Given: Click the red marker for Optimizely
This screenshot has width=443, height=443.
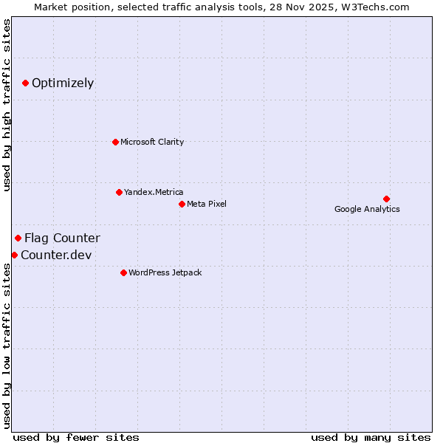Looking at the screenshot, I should (x=26, y=83).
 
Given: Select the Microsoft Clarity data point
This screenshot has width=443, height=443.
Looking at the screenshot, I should (x=115, y=142).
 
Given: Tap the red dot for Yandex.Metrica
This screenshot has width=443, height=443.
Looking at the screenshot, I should (x=119, y=192).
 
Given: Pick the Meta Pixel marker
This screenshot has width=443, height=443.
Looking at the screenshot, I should (x=182, y=204).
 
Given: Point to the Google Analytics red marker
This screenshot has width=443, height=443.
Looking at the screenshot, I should (x=386, y=199).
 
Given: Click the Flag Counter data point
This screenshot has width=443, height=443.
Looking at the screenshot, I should (x=18, y=238).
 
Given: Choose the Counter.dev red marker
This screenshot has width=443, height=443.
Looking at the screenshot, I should (x=14, y=255).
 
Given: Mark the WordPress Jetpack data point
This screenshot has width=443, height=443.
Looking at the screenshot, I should (x=123, y=272).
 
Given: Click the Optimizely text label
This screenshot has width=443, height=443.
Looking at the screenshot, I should (x=63, y=83).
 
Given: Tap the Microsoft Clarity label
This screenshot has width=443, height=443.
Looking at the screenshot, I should (x=152, y=142).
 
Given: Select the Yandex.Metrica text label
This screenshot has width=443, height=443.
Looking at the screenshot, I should (x=154, y=192).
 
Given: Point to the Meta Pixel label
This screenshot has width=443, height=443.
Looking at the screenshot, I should (x=207, y=204).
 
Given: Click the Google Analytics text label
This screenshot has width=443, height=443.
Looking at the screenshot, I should (x=367, y=209).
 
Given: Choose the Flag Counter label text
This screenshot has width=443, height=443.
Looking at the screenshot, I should (x=62, y=238).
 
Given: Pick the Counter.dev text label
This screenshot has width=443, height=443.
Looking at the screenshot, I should (x=56, y=255).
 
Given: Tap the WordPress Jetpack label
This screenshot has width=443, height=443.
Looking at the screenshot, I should (x=165, y=272).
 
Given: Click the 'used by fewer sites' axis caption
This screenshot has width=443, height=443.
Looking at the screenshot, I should (x=76, y=437).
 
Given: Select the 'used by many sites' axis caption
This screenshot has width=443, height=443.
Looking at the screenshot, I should (x=371, y=437).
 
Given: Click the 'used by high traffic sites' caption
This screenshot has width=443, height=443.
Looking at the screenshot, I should (x=7, y=105).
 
